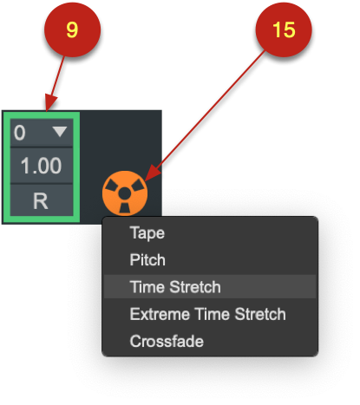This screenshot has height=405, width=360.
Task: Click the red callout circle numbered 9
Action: click(72, 29)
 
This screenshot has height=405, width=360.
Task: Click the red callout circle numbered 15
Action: click(284, 29)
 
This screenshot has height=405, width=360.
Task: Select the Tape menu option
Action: click(147, 233)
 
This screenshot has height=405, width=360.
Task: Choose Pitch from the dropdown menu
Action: click(147, 259)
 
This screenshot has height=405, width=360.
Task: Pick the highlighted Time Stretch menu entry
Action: click(210, 286)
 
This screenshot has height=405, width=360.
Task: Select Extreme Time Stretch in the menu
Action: click(208, 314)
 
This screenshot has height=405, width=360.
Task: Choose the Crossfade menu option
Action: click(167, 341)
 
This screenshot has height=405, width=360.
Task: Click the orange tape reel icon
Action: click(125, 193)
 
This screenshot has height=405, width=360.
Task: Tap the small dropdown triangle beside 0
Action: click(60, 132)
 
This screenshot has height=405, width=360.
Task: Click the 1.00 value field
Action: click(42, 166)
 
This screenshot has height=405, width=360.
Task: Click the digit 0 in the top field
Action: click(20, 133)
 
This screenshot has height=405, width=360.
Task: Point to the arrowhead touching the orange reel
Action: click(152, 175)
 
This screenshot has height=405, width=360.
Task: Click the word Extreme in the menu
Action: click(160, 314)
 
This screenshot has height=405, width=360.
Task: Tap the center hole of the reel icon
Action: click(125, 193)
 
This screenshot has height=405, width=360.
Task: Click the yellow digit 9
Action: click(72, 29)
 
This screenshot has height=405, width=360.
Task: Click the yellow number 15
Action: click(284, 29)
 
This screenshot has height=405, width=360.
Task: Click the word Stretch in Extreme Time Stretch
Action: click(260, 314)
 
